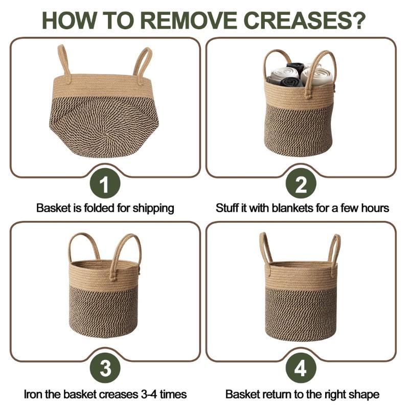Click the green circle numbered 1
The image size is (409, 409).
pyautogui.click(x=105, y=184)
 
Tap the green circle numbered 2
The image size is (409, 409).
pyautogui.click(x=301, y=184)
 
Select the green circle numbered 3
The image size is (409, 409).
pyautogui.click(x=105, y=368)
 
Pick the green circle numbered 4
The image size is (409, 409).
pyautogui.click(x=301, y=368)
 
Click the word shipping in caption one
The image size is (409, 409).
pyautogui.click(x=153, y=209)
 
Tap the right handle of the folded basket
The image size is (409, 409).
pyautogui.click(x=143, y=64)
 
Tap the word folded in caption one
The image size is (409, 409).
pyautogui.click(x=100, y=208)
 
